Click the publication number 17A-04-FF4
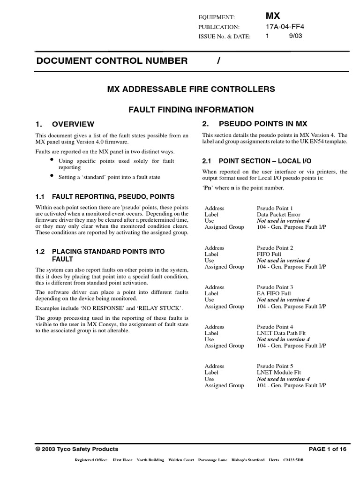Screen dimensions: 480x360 (x=285, y=27)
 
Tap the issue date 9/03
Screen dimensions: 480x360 (x=296, y=36)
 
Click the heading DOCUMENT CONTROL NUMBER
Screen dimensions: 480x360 (x=112, y=60)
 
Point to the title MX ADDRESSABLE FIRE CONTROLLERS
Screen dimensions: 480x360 (x=191, y=89)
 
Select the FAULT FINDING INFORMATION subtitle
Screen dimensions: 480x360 (x=191, y=110)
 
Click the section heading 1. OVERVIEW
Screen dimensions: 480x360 (x=65, y=124)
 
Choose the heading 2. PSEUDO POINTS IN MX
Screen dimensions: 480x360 (x=255, y=124)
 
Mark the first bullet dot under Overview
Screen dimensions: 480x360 (x=52, y=160)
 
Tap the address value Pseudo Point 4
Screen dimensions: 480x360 (x=275, y=327)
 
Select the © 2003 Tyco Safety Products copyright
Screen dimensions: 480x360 (x=77, y=449)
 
